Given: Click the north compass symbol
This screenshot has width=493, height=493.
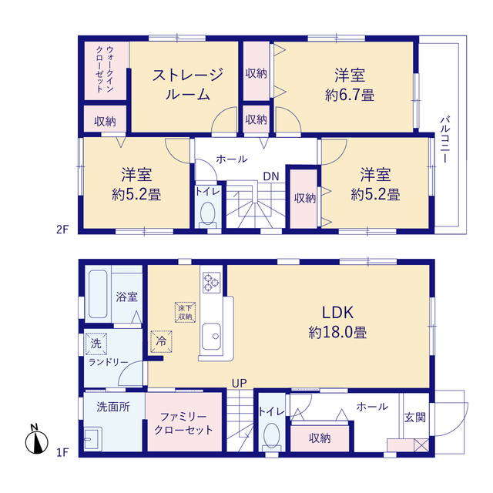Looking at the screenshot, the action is [37, 440].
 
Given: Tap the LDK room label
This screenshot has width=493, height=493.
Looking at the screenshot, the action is [337, 313].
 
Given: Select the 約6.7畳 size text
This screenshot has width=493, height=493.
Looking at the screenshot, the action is [349, 95].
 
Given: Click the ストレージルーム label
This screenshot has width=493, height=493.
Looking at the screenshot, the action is [187, 84].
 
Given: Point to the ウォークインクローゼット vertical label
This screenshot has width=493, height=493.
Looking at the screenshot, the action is [105, 69].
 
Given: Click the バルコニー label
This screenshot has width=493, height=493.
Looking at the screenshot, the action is [445, 139].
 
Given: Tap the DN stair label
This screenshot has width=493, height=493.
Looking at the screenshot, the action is [271, 176].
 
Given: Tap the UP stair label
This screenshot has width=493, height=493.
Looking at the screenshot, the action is [240, 383].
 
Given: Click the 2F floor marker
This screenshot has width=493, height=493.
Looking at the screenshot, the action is [62, 230].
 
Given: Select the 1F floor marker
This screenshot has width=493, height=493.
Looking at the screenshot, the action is [62, 452].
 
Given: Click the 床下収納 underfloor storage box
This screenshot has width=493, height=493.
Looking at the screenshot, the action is [185, 312].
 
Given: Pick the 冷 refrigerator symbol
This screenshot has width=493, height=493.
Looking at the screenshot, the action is [161, 341].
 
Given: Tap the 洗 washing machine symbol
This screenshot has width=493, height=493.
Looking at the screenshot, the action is [96, 344].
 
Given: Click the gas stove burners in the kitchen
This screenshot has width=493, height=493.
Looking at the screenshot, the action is [211, 283].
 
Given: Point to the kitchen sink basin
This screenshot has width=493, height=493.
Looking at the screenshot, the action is [211, 336].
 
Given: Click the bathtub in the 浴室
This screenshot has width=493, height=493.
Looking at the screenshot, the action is [98, 294].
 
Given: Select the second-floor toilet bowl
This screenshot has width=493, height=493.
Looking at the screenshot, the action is [207, 214].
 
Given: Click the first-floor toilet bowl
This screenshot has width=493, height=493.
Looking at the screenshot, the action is [272, 435].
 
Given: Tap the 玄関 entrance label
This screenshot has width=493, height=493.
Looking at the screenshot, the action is [415, 418].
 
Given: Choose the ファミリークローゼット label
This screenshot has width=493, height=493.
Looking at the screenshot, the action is [183, 424].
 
